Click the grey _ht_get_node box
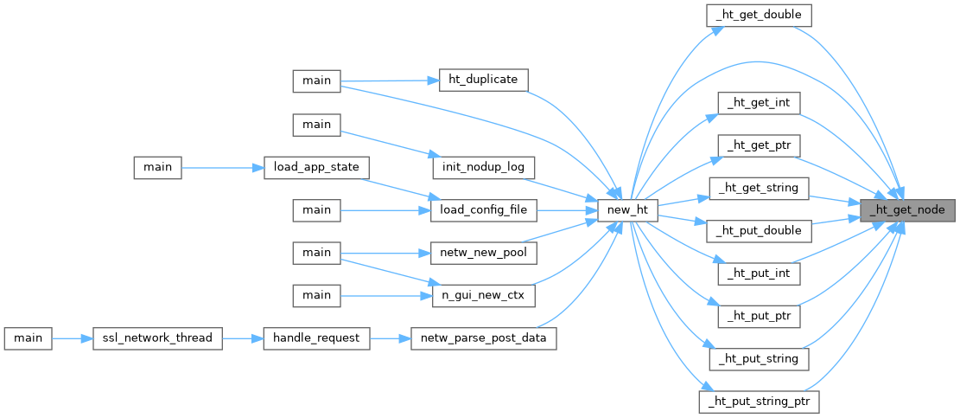[x=907, y=209]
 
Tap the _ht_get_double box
[x=759, y=15]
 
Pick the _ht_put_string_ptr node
[x=758, y=402]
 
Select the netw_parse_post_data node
[x=483, y=338]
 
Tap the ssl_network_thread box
[x=157, y=338]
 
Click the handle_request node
[x=316, y=338]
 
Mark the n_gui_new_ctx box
[x=483, y=295]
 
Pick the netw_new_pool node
[x=483, y=252]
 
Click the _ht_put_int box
[x=759, y=273]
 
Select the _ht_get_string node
[x=758, y=188]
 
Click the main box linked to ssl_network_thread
[x=28, y=338]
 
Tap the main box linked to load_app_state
[x=157, y=166]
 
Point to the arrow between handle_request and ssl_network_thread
[x=243, y=338]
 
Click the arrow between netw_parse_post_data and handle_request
[x=391, y=338]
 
